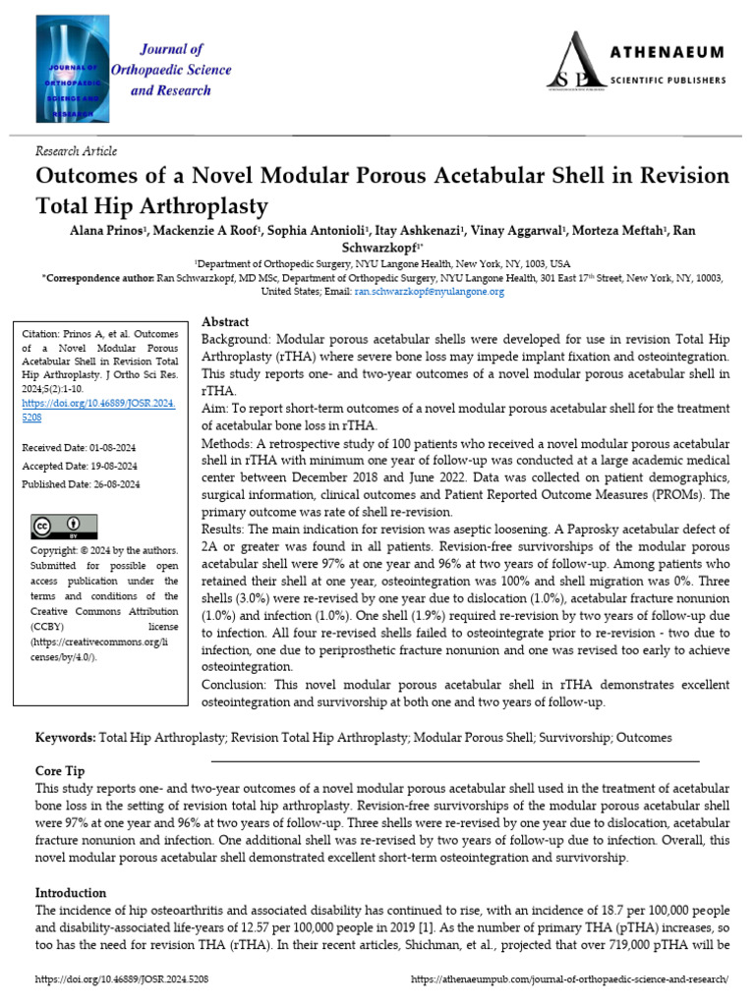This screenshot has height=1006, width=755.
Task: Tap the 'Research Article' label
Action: click(76, 151)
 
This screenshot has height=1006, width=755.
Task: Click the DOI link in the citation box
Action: click(98, 410)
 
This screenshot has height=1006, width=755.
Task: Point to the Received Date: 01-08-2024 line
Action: click(81, 448)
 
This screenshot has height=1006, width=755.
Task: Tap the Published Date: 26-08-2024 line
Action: click(81, 484)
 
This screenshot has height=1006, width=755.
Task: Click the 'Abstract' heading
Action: click(225, 322)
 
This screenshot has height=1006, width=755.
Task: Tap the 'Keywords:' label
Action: click(66, 737)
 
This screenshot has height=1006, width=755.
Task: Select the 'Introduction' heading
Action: click(71, 893)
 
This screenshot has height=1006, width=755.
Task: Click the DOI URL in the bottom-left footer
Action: click(122, 979)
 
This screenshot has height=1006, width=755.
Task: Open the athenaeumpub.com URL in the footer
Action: click(569, 979)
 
